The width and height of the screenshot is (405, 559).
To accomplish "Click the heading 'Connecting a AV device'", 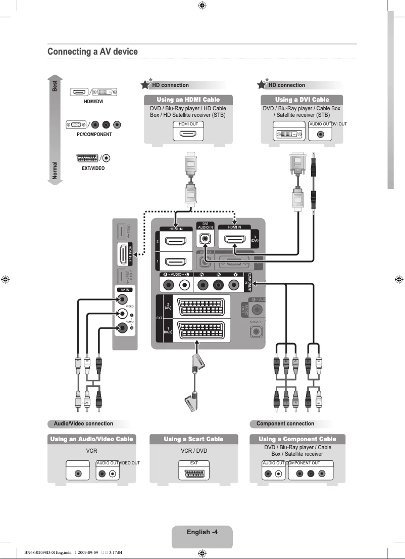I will point(92,52).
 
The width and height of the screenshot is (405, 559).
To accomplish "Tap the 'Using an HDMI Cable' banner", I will point(188,100).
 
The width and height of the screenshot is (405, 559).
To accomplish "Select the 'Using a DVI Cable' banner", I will point(302,100).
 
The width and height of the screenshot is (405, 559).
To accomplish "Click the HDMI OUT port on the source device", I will point(188,134).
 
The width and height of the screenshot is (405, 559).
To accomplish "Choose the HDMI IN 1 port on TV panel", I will point(176,263).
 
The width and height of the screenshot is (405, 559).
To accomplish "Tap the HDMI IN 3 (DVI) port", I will point(234,239).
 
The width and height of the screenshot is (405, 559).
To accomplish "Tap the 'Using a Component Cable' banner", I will point(297,439).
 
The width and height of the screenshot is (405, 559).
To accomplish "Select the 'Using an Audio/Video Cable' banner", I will point(91,439).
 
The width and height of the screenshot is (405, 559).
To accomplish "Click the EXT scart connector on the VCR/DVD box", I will point(193,474).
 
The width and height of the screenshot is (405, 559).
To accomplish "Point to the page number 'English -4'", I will point(202,532).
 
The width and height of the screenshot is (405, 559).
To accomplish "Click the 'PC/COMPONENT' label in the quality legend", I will point(94,135).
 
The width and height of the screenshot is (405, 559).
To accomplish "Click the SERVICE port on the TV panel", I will point(256,332).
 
